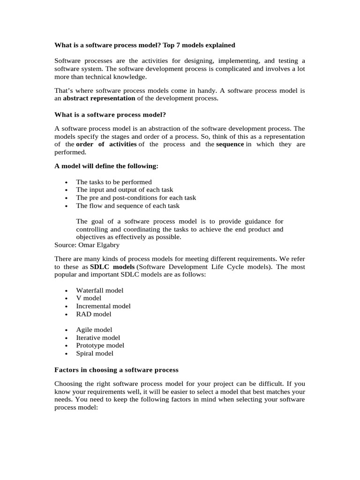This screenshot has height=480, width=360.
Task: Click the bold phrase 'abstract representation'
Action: point(99,98)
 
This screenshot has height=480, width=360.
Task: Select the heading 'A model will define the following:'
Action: point(106,166)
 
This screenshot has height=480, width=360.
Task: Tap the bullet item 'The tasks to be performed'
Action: point(114,182)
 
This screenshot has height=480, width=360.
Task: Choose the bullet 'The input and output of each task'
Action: point(125,190)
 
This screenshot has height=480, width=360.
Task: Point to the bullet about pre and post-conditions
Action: point(136,198)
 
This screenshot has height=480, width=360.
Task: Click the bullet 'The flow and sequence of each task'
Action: point(127,206)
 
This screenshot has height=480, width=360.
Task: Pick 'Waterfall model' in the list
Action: point(100,290)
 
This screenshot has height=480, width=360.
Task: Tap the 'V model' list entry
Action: point(89,298)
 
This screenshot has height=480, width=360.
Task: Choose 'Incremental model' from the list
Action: point(103,306)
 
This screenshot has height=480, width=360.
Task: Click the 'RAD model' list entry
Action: point(94,314)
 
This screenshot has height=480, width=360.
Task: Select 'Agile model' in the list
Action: point(94,330)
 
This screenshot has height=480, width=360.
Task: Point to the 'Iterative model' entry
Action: point(98,337)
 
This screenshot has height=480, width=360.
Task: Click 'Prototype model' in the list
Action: point(100,345)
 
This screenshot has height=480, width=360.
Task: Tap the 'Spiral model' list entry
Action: point(95,353)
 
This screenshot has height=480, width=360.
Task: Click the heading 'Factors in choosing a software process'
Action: point(116,370)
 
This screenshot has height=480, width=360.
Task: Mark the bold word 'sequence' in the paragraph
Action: point(230,144)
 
